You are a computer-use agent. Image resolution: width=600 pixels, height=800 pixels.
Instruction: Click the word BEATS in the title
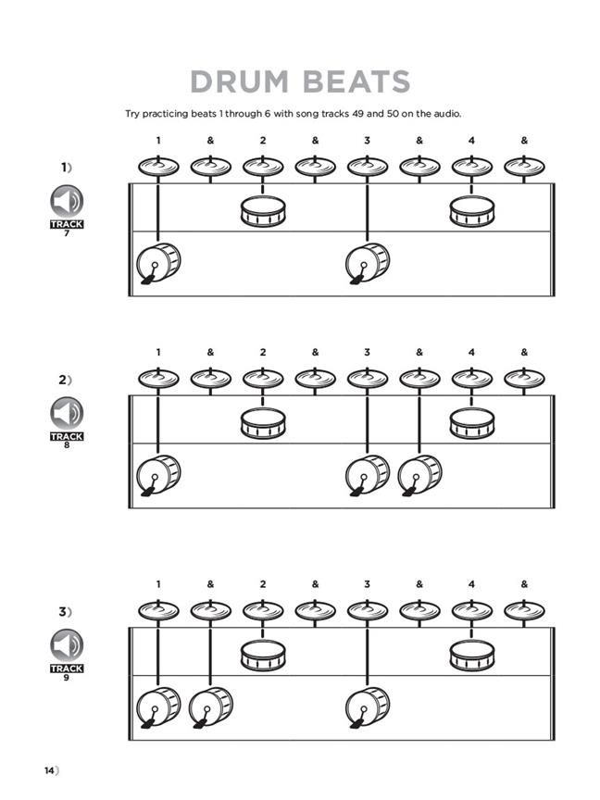click(x=356, y=81)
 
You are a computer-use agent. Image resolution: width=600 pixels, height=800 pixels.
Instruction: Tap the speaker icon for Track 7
click(x=67, y=201)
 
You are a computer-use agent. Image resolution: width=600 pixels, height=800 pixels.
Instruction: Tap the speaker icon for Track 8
click(x=67, y=413)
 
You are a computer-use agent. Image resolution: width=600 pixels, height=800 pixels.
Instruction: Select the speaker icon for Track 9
click(x=67, y=644)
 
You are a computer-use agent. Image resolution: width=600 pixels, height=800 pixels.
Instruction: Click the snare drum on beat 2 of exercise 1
click(x=263, y=212)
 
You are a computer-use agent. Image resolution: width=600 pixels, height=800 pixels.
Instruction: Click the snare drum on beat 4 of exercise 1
click(x=472, y=212)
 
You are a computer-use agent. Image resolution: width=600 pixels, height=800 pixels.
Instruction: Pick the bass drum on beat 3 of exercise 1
click(x=368, y=264)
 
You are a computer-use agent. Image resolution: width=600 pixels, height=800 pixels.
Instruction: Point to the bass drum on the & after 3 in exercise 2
click(x=419, y=475)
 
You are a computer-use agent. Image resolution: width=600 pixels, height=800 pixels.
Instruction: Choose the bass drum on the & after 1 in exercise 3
click(x=210, y=707)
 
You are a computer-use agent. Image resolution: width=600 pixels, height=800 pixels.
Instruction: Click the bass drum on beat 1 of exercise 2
click(x=158, y=475)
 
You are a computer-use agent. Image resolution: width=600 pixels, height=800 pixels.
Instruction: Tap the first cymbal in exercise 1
click(x=158, y=167)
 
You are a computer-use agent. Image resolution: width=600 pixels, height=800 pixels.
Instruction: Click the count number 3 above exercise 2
click(x=368, y=352)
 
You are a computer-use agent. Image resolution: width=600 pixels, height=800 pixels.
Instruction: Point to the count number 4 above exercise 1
click(x=472, y=141)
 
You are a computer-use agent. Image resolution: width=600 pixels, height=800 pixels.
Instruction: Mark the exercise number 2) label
click(x=65, y=380)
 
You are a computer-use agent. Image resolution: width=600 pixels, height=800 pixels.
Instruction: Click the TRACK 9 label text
click(x=67, y=668)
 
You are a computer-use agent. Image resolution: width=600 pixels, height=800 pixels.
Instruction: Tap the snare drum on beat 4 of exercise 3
click(x=472, y=656)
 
